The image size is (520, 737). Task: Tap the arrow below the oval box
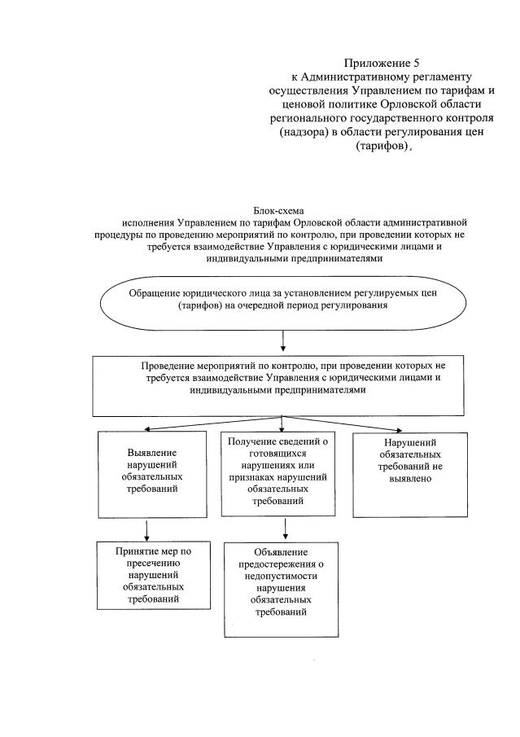282,339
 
